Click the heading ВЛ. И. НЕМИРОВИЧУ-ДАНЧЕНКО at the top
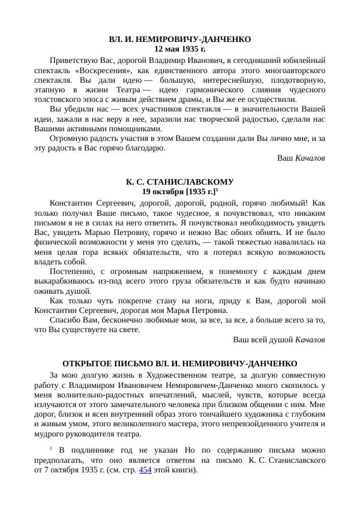pos(180,39)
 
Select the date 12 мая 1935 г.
pos(180,49)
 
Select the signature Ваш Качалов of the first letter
pos(302,158)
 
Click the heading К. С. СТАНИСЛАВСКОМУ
pos(180,182)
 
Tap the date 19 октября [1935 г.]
pos(178,191)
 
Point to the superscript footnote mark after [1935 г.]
pos(216,189)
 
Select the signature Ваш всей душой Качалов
pos(279,340)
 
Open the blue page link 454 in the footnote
pos(145,469)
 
